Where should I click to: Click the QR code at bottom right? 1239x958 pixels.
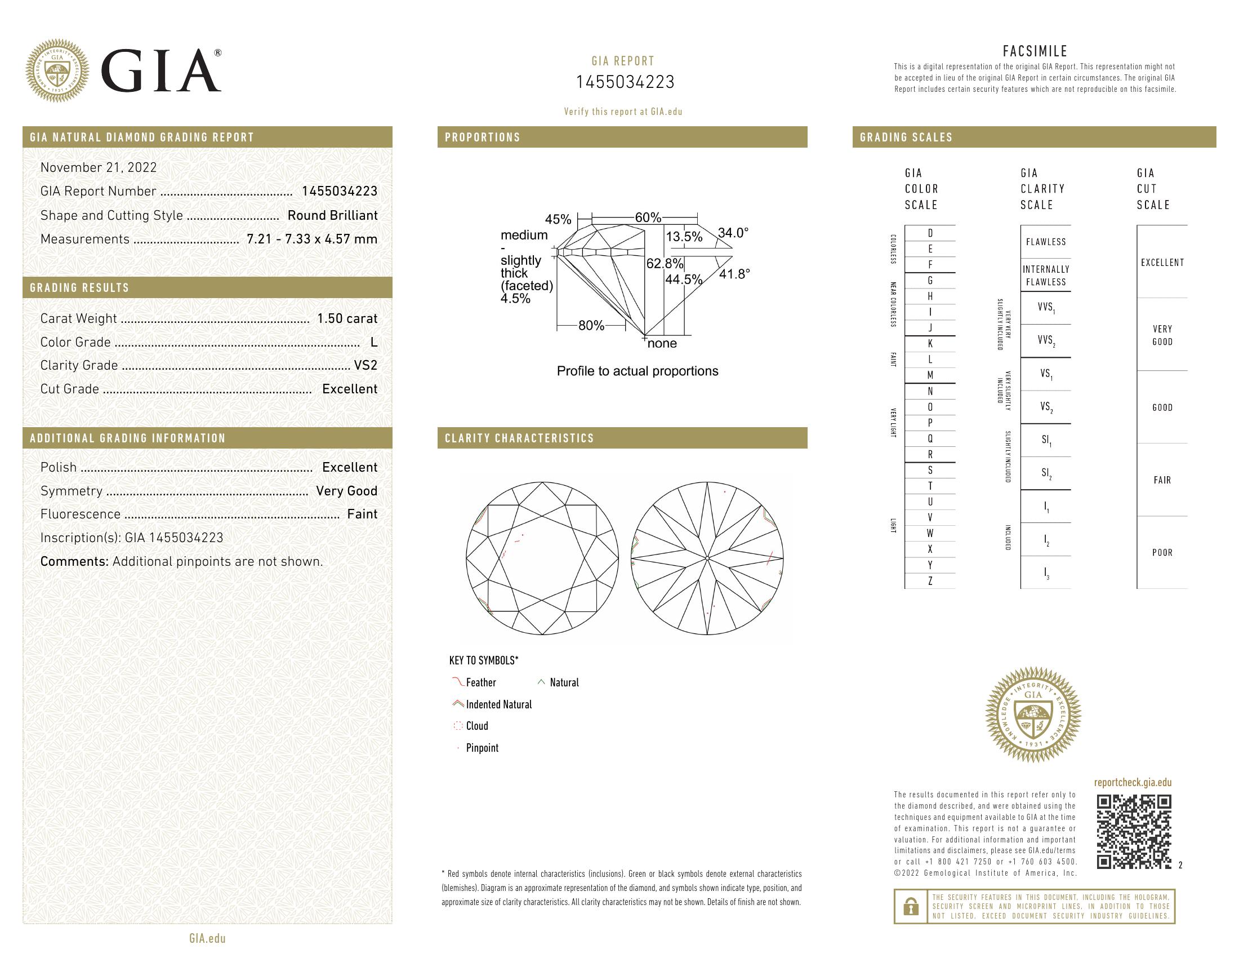click(1134, 831)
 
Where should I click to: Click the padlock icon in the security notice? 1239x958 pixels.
click(911, 906)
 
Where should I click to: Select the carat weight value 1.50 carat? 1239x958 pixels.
click(346, 318)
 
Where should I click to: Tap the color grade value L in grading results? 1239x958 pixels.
click(373, 342)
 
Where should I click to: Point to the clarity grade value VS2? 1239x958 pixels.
click(366, 366)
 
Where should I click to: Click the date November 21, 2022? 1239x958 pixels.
click(98, 167)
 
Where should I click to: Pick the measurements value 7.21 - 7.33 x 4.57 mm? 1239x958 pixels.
click(311, 239)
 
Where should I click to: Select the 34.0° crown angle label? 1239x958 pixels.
click(733, 233)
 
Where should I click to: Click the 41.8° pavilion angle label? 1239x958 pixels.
click(734, 274)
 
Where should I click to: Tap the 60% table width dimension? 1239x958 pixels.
click(648, 218)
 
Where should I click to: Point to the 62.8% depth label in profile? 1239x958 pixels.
click(665, 263)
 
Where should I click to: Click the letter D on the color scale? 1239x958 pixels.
click(930, 233)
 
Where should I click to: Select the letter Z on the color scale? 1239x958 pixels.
click(930, 581)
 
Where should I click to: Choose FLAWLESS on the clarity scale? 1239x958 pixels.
click(1046, 242)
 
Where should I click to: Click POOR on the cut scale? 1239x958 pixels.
click(1162, 552)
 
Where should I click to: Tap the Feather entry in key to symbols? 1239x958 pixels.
click(480, 683)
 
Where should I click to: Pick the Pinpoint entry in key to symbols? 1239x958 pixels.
click(482, 748)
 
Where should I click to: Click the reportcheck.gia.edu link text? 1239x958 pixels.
click(1133, 783)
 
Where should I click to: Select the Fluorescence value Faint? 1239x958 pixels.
click(362, 514)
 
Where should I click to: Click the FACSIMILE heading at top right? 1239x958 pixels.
click(1035, 51)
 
